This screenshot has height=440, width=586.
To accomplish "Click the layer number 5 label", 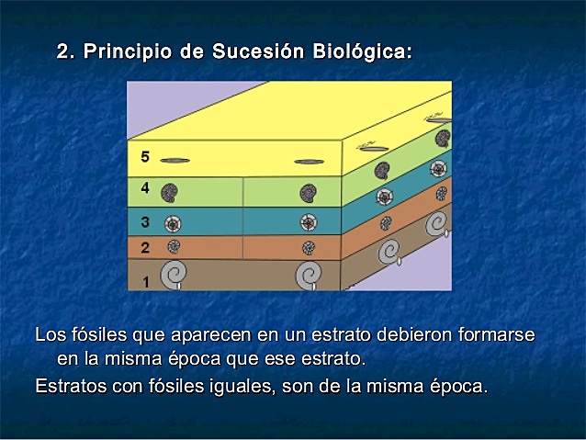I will pyautogui.click(x=145, y=157).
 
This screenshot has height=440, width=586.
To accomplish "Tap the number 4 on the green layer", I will pyautogui.click(x=145, y=189).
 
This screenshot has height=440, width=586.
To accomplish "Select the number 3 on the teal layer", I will pyautogui.click(x=145, y=221).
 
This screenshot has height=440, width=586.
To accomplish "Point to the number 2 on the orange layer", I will pyautogui.click(x=145, y=247).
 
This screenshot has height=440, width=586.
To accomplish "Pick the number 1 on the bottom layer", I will pyautogui.click(x=145, y=281).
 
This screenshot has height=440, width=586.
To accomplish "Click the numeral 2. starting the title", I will pyautogui.click(x=66, y=52).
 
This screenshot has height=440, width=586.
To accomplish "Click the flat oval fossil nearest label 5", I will pyautogui.click(x=175, y=161).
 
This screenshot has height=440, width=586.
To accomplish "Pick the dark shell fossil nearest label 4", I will pyautogui.click(x=169, y=193).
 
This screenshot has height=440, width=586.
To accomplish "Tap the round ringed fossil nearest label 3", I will pyautogui.click(x=171, y=223).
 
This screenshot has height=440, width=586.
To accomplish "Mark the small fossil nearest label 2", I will pyautogui.click(x=172, y=246).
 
